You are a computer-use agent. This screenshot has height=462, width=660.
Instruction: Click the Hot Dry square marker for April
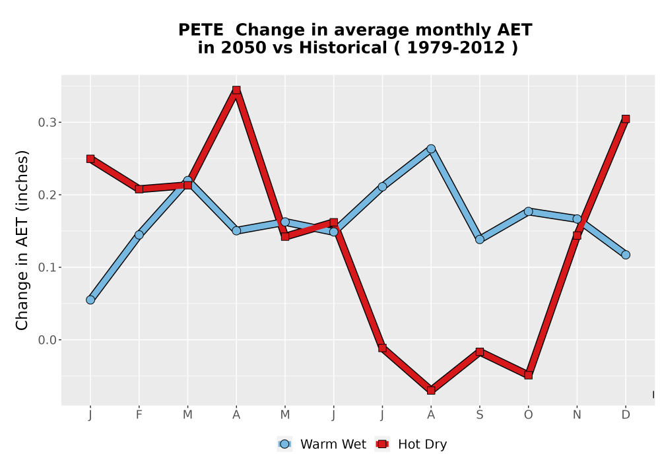(236, 90)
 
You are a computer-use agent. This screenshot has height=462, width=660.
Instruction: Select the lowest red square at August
(431, 391)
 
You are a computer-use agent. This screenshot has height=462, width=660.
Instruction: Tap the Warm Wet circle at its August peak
(431, 149)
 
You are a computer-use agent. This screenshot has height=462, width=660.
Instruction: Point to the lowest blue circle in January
(90, 300)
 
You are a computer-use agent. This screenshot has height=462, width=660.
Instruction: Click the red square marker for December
(626, 119)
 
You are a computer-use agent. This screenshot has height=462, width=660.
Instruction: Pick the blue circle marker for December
(626, 255)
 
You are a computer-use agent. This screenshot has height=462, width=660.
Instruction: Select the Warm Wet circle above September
(480, 240)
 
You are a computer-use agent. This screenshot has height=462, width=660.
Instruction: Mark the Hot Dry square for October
(528, 375)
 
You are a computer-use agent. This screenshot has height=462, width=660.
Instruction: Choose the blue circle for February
(139, 235)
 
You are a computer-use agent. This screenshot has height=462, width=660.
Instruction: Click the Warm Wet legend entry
(321, 444)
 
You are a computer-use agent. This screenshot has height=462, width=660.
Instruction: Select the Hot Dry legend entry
(411, 444)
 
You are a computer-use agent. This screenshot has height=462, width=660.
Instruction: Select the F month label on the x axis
(139, 415)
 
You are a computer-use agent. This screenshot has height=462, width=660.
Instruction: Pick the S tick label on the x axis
(480, 415)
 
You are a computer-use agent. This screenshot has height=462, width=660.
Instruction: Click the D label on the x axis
(626, 415)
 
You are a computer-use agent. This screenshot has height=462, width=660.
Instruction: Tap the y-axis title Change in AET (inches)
(22, 240)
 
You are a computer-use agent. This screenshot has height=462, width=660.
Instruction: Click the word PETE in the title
(201, 30)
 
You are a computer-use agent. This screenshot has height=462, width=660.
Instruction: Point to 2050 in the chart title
(244, 48)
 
